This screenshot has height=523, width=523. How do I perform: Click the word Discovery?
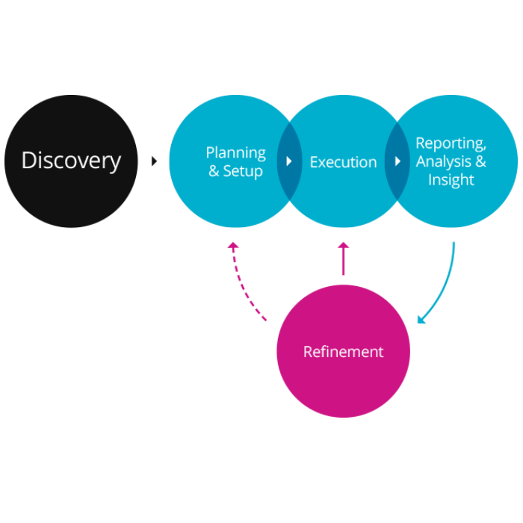point(71,161)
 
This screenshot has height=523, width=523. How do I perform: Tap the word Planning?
point(235,152)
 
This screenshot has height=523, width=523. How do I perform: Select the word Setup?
point(243,171)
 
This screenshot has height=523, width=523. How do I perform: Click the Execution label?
point(343,162)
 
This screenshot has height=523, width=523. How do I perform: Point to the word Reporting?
point(451,143)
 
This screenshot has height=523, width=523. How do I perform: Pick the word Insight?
point(451,180)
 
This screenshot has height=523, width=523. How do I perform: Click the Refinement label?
point(343,351)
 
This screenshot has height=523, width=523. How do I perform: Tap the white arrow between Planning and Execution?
point(289,161)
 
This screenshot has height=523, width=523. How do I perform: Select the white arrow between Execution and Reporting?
point(397,161)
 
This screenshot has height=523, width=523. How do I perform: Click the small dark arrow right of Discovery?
point(155,161)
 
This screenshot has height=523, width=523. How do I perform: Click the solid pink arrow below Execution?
point(343,260)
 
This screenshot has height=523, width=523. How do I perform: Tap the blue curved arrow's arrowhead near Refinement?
point(421,320)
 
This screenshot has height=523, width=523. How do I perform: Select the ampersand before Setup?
point(214,172)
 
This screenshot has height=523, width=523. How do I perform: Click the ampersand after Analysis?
point(480,161)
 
